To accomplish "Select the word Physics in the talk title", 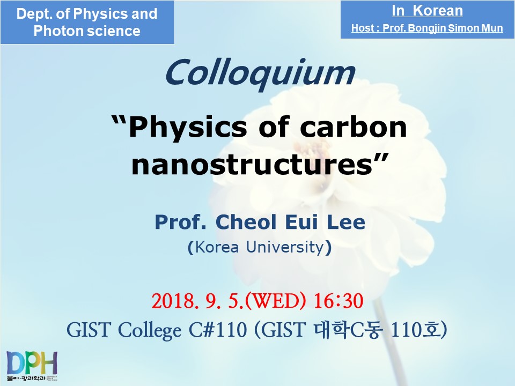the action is point(187,128).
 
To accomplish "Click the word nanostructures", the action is point(252,164).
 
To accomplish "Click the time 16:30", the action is point(339,301).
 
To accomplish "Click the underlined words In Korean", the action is point(427,11).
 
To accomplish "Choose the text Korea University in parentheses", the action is point(260,247).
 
